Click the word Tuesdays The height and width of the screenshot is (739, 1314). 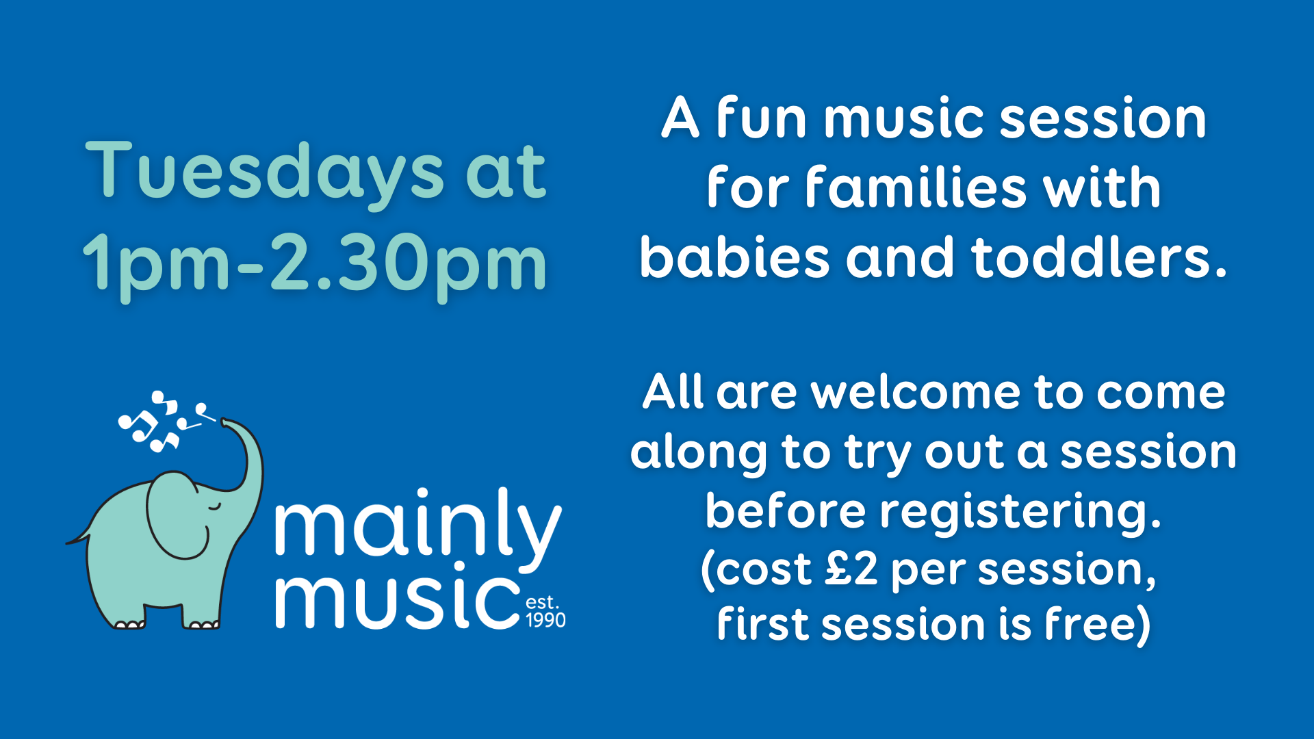coord(265,172)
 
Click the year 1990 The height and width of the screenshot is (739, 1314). coord(545,620)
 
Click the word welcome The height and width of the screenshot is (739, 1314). coord(916,393)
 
